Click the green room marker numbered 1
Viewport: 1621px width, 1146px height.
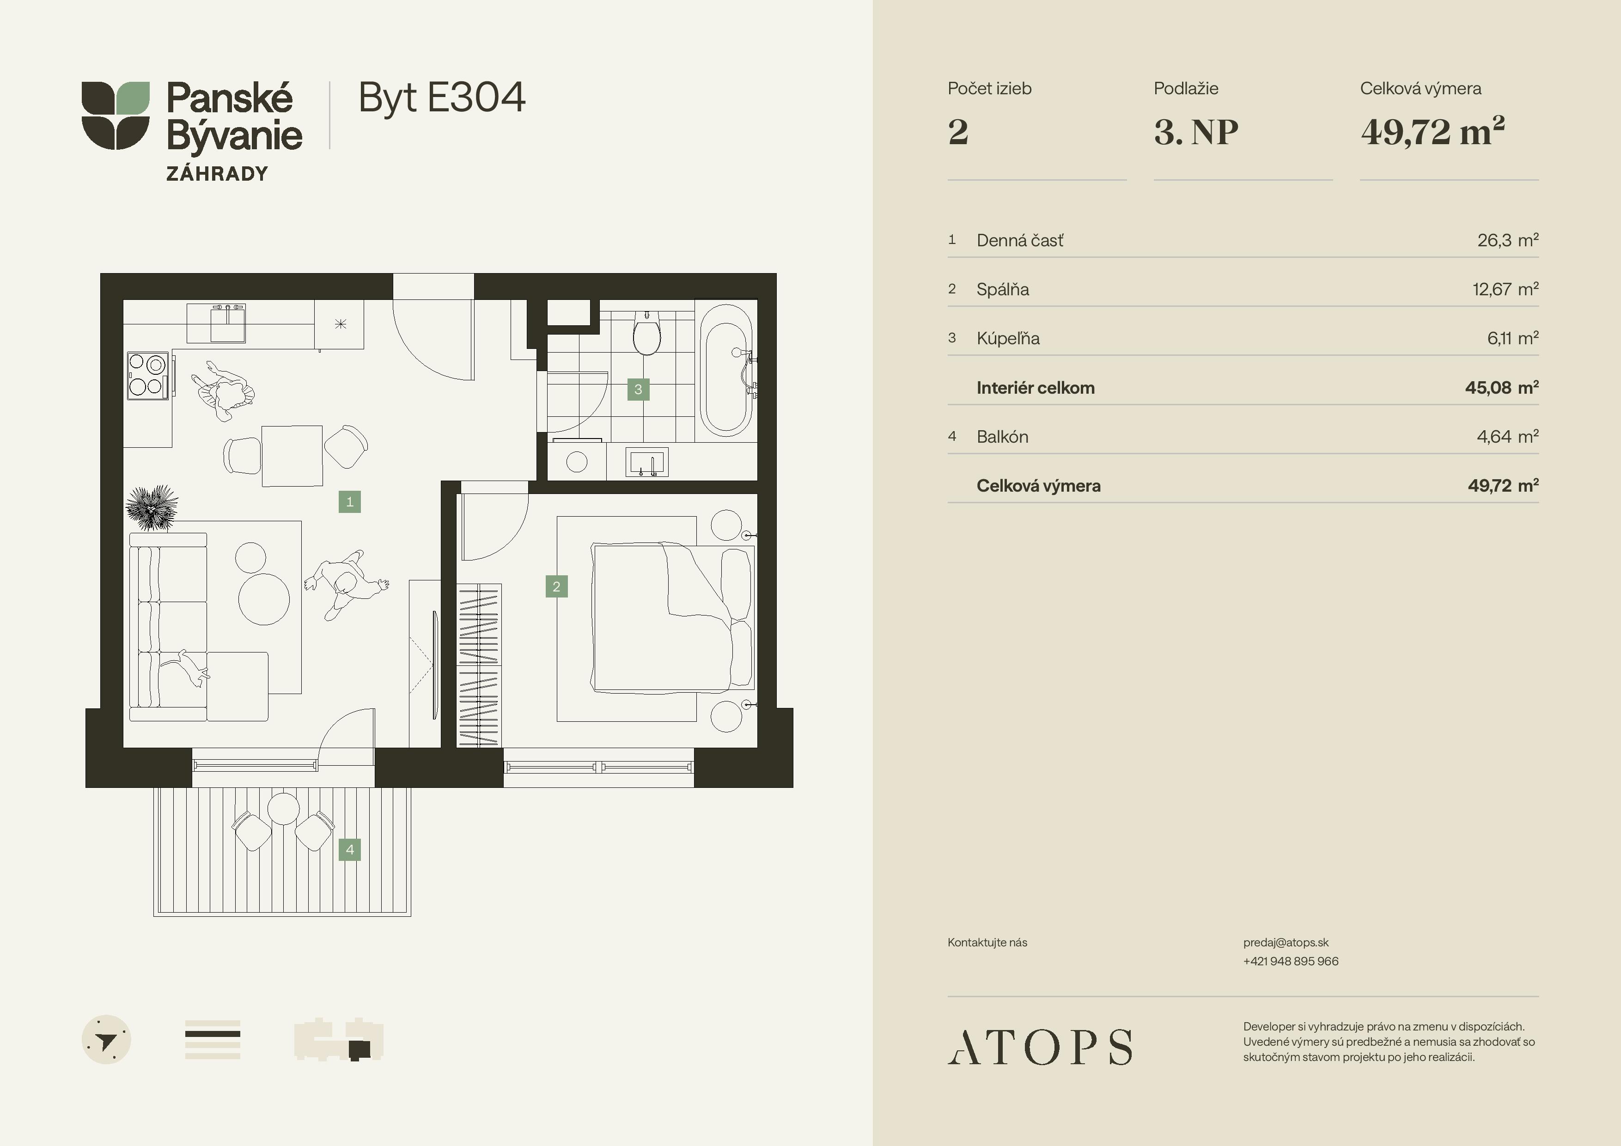coord(349,502)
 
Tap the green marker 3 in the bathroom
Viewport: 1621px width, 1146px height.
coord(638,389)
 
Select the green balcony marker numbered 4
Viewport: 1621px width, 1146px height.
coord(349,849)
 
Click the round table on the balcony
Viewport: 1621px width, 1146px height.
coord(284,809)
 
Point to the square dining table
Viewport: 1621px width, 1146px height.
coord(293,456)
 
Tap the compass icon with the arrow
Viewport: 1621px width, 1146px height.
coord(107,1039)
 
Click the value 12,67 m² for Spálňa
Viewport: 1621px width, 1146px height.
coord(1505,289)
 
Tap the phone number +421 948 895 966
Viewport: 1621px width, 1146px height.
coord(1291,961)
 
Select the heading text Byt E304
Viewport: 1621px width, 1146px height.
coord(442,98)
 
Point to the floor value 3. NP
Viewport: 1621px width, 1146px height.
coord(1196,132)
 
